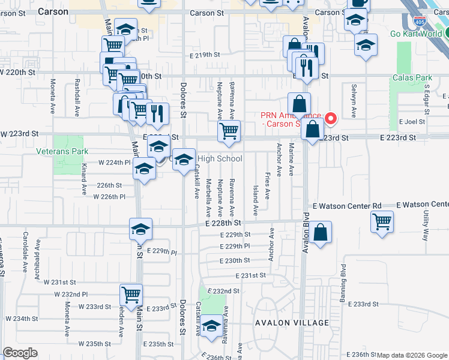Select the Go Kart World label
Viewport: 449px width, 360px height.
point(416,34)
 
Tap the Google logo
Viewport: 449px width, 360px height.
point(20,353)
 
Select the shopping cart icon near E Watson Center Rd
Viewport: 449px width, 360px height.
point(382,221)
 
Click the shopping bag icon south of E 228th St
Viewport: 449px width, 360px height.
point(321,232)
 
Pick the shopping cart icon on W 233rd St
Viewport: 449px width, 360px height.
point(131,295)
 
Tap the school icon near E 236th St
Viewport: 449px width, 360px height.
point(211,326)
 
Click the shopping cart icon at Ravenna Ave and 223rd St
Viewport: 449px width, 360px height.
point(229,131)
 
